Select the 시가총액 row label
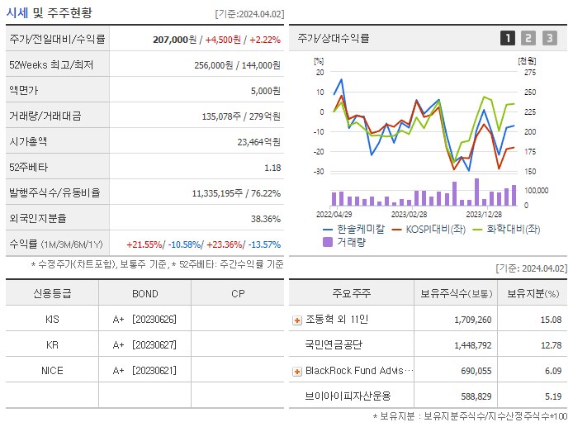coord(28,141)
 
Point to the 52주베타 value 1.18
coord(272,168)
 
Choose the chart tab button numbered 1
coord(508,38)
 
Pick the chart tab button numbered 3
coord(550,38)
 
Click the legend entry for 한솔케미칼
coord(361,229)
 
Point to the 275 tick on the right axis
coord(529,73)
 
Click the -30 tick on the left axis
coord(319,172)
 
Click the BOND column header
coord(144,294)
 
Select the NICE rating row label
coord(52,371)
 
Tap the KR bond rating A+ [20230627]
coord(144,345)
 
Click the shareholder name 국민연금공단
coord(334,345)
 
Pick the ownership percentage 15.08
coord(551,320)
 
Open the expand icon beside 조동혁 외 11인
coord(297,320)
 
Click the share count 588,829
coord(473,396)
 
